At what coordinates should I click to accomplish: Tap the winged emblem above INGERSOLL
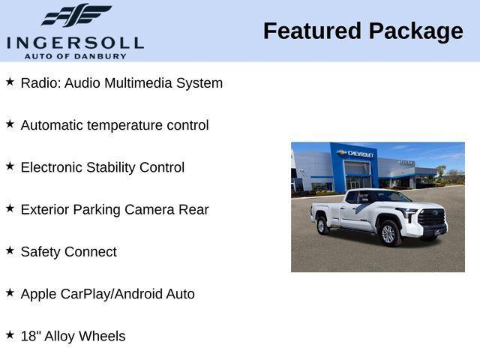click(76, 15)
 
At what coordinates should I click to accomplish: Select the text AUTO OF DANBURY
click(75, 56)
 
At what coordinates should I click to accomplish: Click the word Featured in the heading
click(311, 31)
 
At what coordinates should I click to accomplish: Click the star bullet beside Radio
click(10, 81)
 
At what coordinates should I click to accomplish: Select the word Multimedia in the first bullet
click(137, 83)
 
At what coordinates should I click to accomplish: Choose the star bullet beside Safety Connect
click(10, 250)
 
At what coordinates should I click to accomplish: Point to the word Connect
click(91, 252)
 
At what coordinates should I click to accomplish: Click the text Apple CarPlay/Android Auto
click(107, 294)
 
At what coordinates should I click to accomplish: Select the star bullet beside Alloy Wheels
click(10, 334)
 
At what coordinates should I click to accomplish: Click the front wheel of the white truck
click(388, 233)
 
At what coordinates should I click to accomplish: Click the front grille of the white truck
click(433, 219)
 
